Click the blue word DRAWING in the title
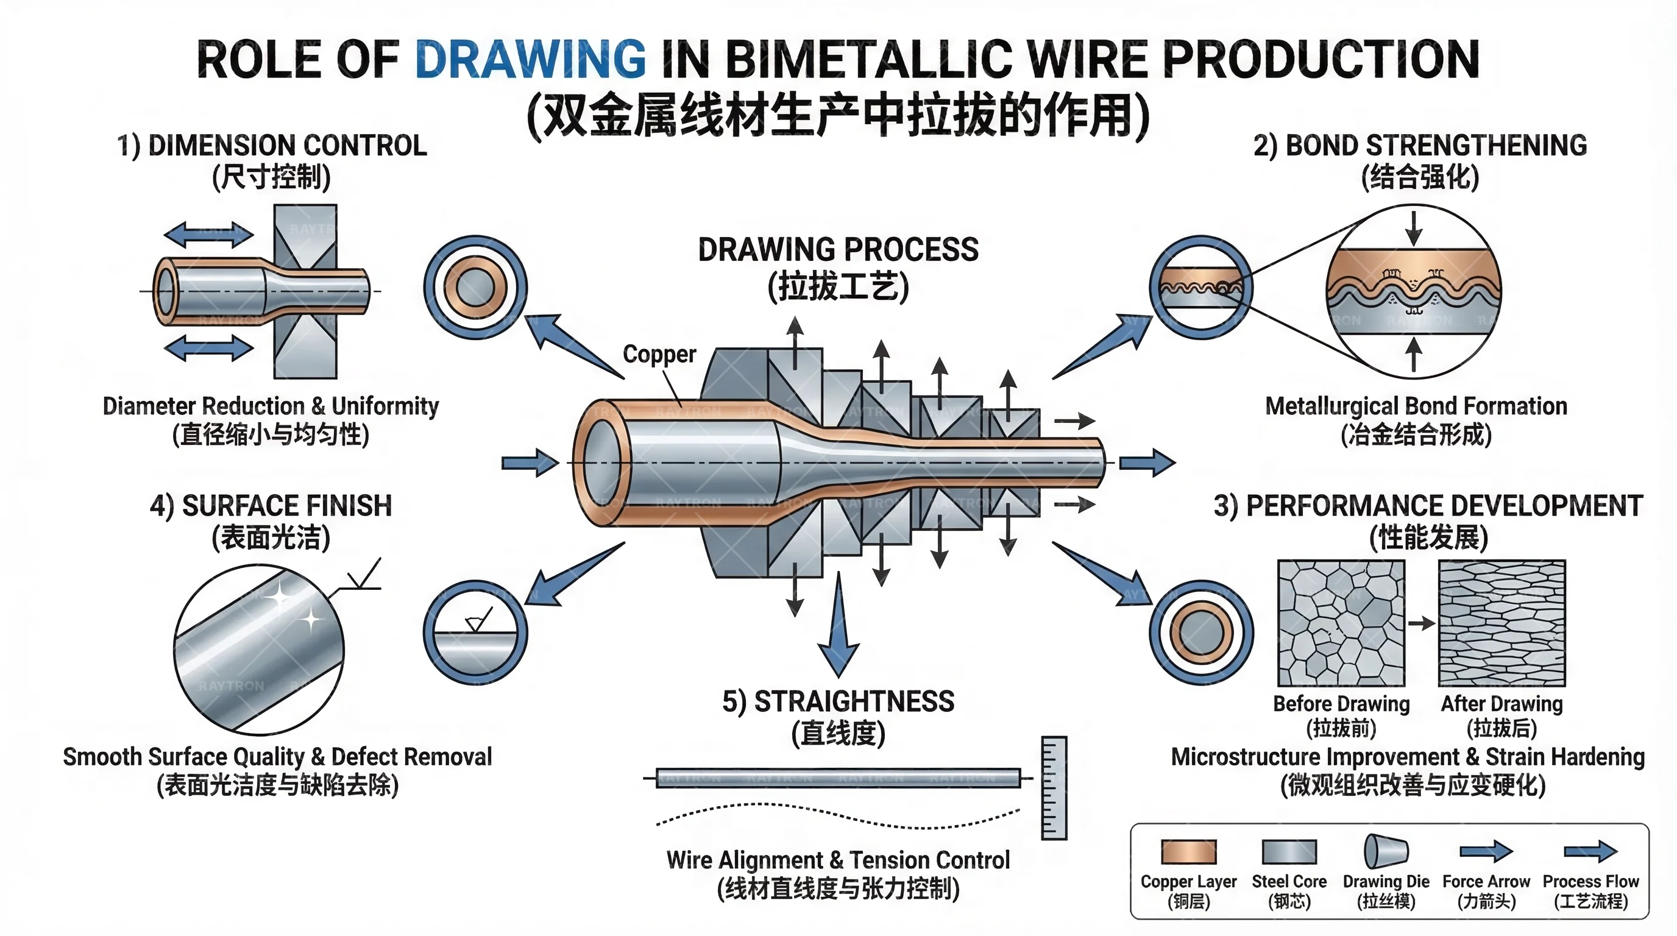pyautogui.click(x=530, y=59)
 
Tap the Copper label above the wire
pyautogui.click(x=659, y=354)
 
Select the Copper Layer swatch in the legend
pyautogui.click(x=1188, y=851)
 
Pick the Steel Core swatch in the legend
pyautogui.click(x=1289, y=851)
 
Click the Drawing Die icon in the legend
pyautogui.click(x=1385, y=851)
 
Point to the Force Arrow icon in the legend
pyautogui.click(x=1486, y=851)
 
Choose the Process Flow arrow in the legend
pyautogui.click(x=1590, y=851)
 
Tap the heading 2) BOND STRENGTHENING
pyautogui.click(x=1420, y=146)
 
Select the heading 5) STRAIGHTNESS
pyautogui.click(x=838, y=701)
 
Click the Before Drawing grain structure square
pyautogui.click(x=1341, y=623)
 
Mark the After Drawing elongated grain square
pyautogui.click(x=1502, y=623)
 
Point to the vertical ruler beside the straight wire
pyautogui.click(x=1054, y=787)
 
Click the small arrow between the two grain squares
pyautogui.click(x=1422, y=623)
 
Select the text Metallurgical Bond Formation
pyautogui.click(x=1416, y=406)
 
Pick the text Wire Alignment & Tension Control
pyautogui.click(x=838, y=860)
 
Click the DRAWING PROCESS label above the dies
pyautogui.click(x=838, y=250)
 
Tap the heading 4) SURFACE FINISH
pyautogui.click(x=271, y=506)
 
